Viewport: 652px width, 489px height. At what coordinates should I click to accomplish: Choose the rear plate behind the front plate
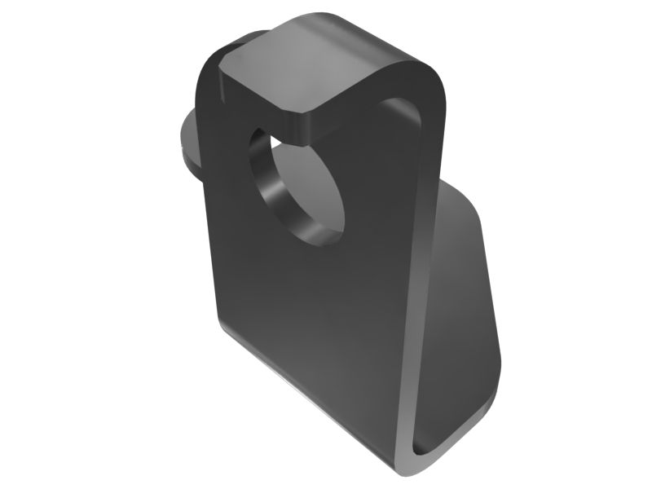pos(460,310)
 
